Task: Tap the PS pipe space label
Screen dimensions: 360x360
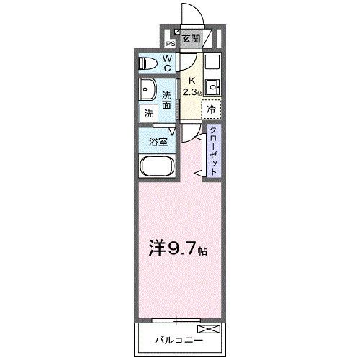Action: [171, 42]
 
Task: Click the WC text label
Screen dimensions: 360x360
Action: [166, 63]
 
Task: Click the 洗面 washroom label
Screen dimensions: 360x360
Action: [167, 99]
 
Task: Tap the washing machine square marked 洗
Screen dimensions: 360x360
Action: [148, 113]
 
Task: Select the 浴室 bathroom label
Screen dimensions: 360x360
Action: [159, 141]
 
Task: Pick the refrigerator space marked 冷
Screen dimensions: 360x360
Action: [212, 109]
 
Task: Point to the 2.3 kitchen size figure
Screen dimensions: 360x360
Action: [189, 93]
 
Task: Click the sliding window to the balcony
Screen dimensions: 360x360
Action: [176, 318]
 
